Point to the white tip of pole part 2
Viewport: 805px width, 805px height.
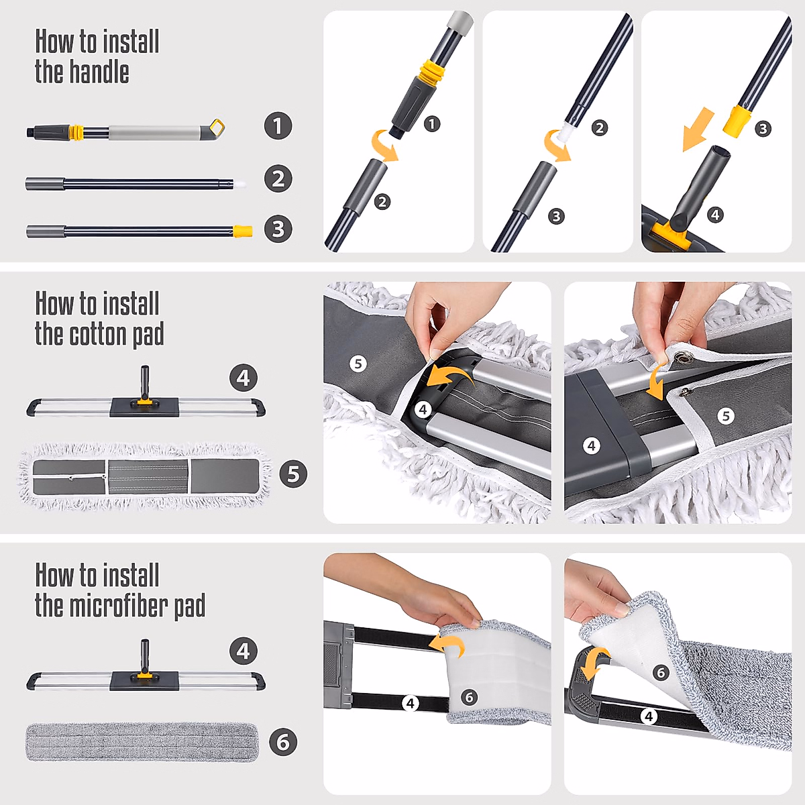(x=239, y=183)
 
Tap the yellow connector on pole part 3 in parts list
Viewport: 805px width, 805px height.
(x=243, y=231)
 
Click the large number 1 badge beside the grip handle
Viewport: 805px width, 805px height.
(x=278, y=125)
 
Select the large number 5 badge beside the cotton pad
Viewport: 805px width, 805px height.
(x=293, y=474)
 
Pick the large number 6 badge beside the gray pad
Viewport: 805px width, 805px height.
(x=283, y=742)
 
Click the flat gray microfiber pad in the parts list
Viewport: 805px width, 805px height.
(x=142, y=742)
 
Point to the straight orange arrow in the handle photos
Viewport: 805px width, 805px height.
(x=698, y=129)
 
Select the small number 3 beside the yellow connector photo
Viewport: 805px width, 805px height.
(x=763, y=128)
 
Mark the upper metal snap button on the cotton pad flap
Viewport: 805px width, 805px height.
(x=683, y=356)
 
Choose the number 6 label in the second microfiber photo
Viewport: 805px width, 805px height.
(x=661, y=673)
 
